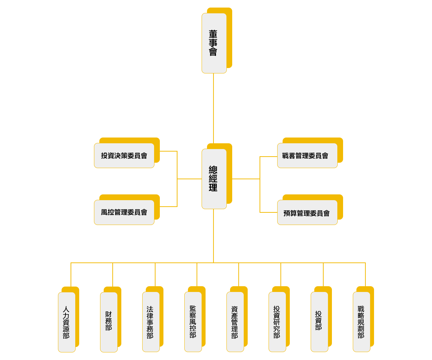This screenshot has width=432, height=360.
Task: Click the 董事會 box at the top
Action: [x=214, y=43]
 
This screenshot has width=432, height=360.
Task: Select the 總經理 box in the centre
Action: [x=214, y=179]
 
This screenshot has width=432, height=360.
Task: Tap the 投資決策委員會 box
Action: [x=124, y=156]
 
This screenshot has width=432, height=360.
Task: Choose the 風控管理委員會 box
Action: [x=124, y=212]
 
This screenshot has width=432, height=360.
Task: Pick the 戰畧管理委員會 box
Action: [x=307, y=156]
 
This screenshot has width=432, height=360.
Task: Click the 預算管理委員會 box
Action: [x=307, y=213]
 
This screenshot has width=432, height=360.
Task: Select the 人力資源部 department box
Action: [x=67, y=322]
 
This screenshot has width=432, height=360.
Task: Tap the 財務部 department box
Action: [x=109, y=322]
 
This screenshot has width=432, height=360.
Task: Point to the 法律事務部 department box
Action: [x=151, y=322]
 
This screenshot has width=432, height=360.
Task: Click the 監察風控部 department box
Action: [x=193, y=322]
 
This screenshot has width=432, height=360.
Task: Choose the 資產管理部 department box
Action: [x=235, y=322]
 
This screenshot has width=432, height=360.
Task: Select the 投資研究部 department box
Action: [x=277, y=322]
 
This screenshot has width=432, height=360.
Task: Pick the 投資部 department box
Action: [x=319, y=322]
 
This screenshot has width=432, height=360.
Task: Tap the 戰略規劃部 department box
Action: [x=361, y=322]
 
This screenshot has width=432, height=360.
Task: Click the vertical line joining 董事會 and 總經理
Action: [x=213, y=108]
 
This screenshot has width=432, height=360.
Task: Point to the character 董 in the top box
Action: [x=213, y=34]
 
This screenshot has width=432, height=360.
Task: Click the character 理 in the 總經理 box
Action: [x=213, y=188]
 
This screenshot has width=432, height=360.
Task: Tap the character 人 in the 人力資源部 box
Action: [x=66, y=309]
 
